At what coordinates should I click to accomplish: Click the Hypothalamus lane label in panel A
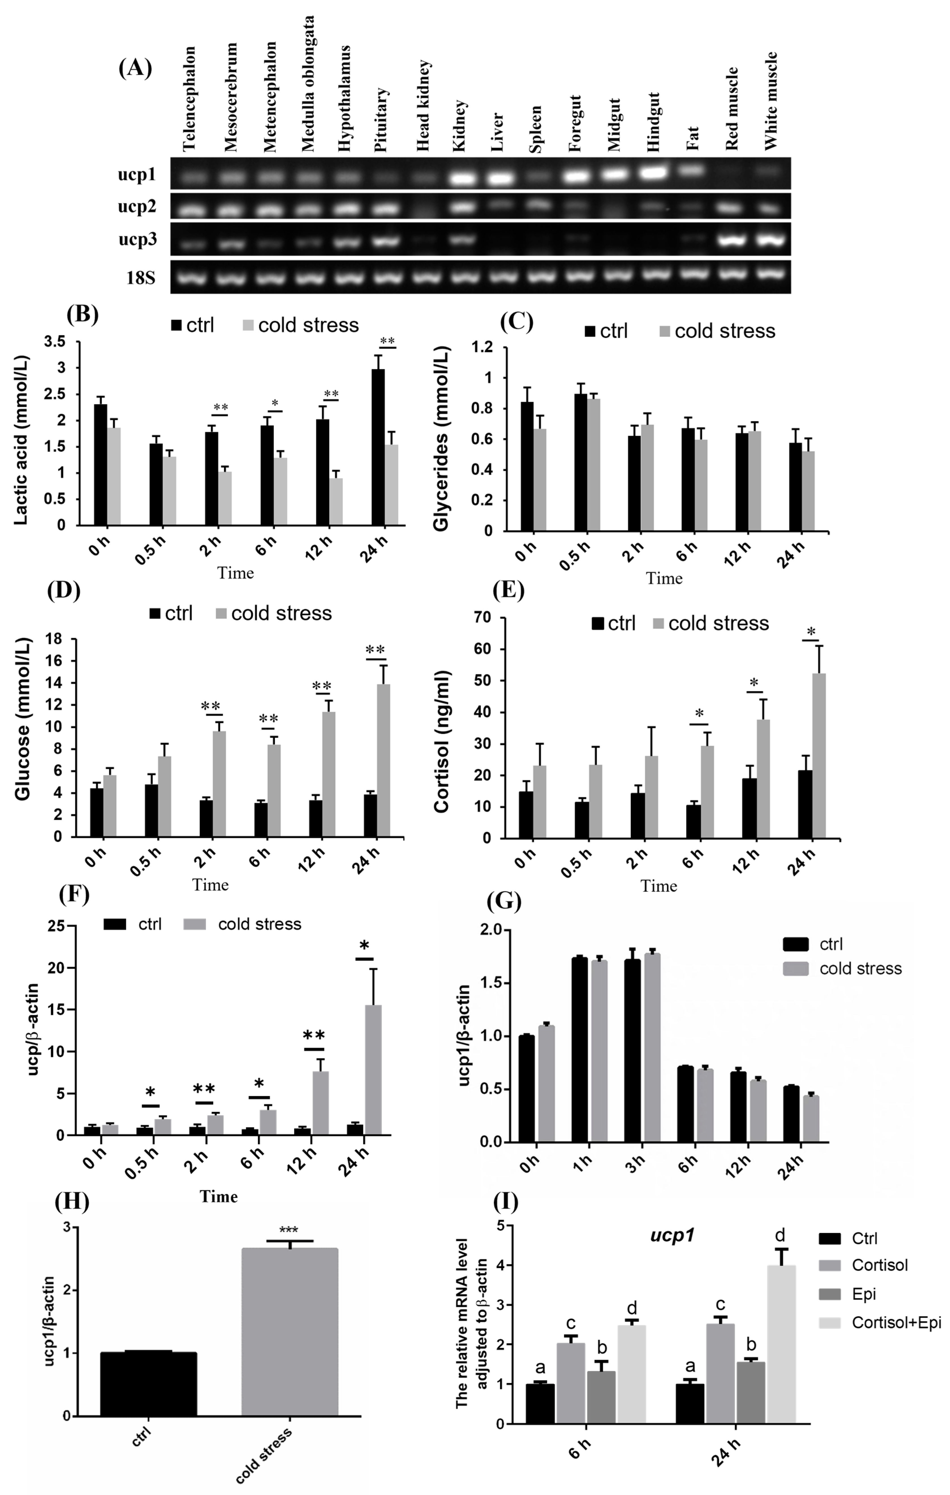click(344, 99)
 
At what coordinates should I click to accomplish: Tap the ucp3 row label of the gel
click(137, 240)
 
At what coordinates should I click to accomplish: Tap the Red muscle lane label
click(732, 109)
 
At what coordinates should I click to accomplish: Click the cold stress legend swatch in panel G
click(796, 968)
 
